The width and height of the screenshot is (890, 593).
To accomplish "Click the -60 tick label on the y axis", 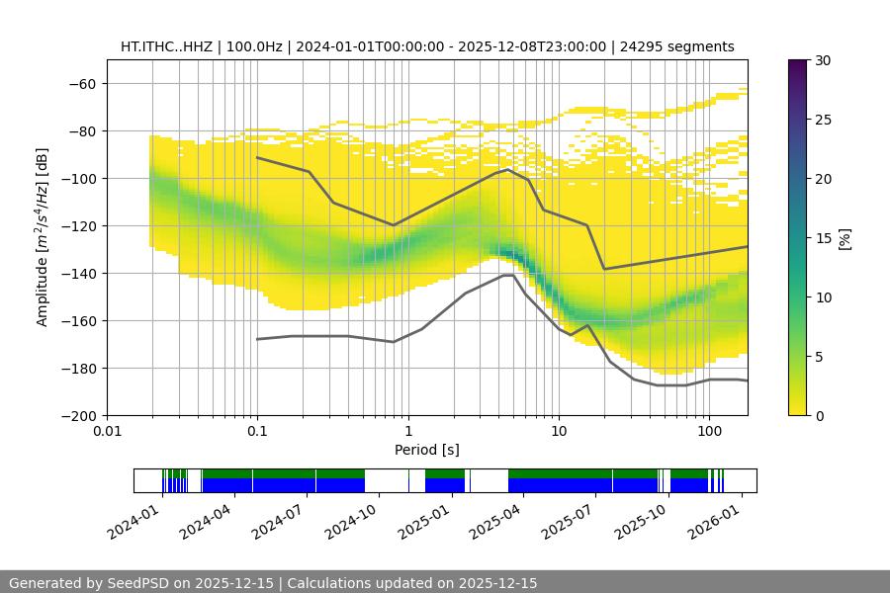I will coord(83,83).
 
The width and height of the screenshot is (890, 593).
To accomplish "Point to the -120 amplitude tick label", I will coord(79,225).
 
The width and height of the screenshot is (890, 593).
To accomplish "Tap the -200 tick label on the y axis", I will coord(79,415).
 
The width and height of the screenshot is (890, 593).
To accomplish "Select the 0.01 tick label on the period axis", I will coord(107,432).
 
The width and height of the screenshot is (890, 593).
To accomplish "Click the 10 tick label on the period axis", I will coord(559,432).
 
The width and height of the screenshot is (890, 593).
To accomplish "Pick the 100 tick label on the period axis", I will coord(709,432).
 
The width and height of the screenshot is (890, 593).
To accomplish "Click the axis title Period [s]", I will coord(426,450).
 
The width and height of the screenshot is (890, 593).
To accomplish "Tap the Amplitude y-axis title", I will coord(43,237).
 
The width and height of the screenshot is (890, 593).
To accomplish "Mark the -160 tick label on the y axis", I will coord(79,320).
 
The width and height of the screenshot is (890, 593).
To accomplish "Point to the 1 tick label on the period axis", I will coord(408,432).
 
